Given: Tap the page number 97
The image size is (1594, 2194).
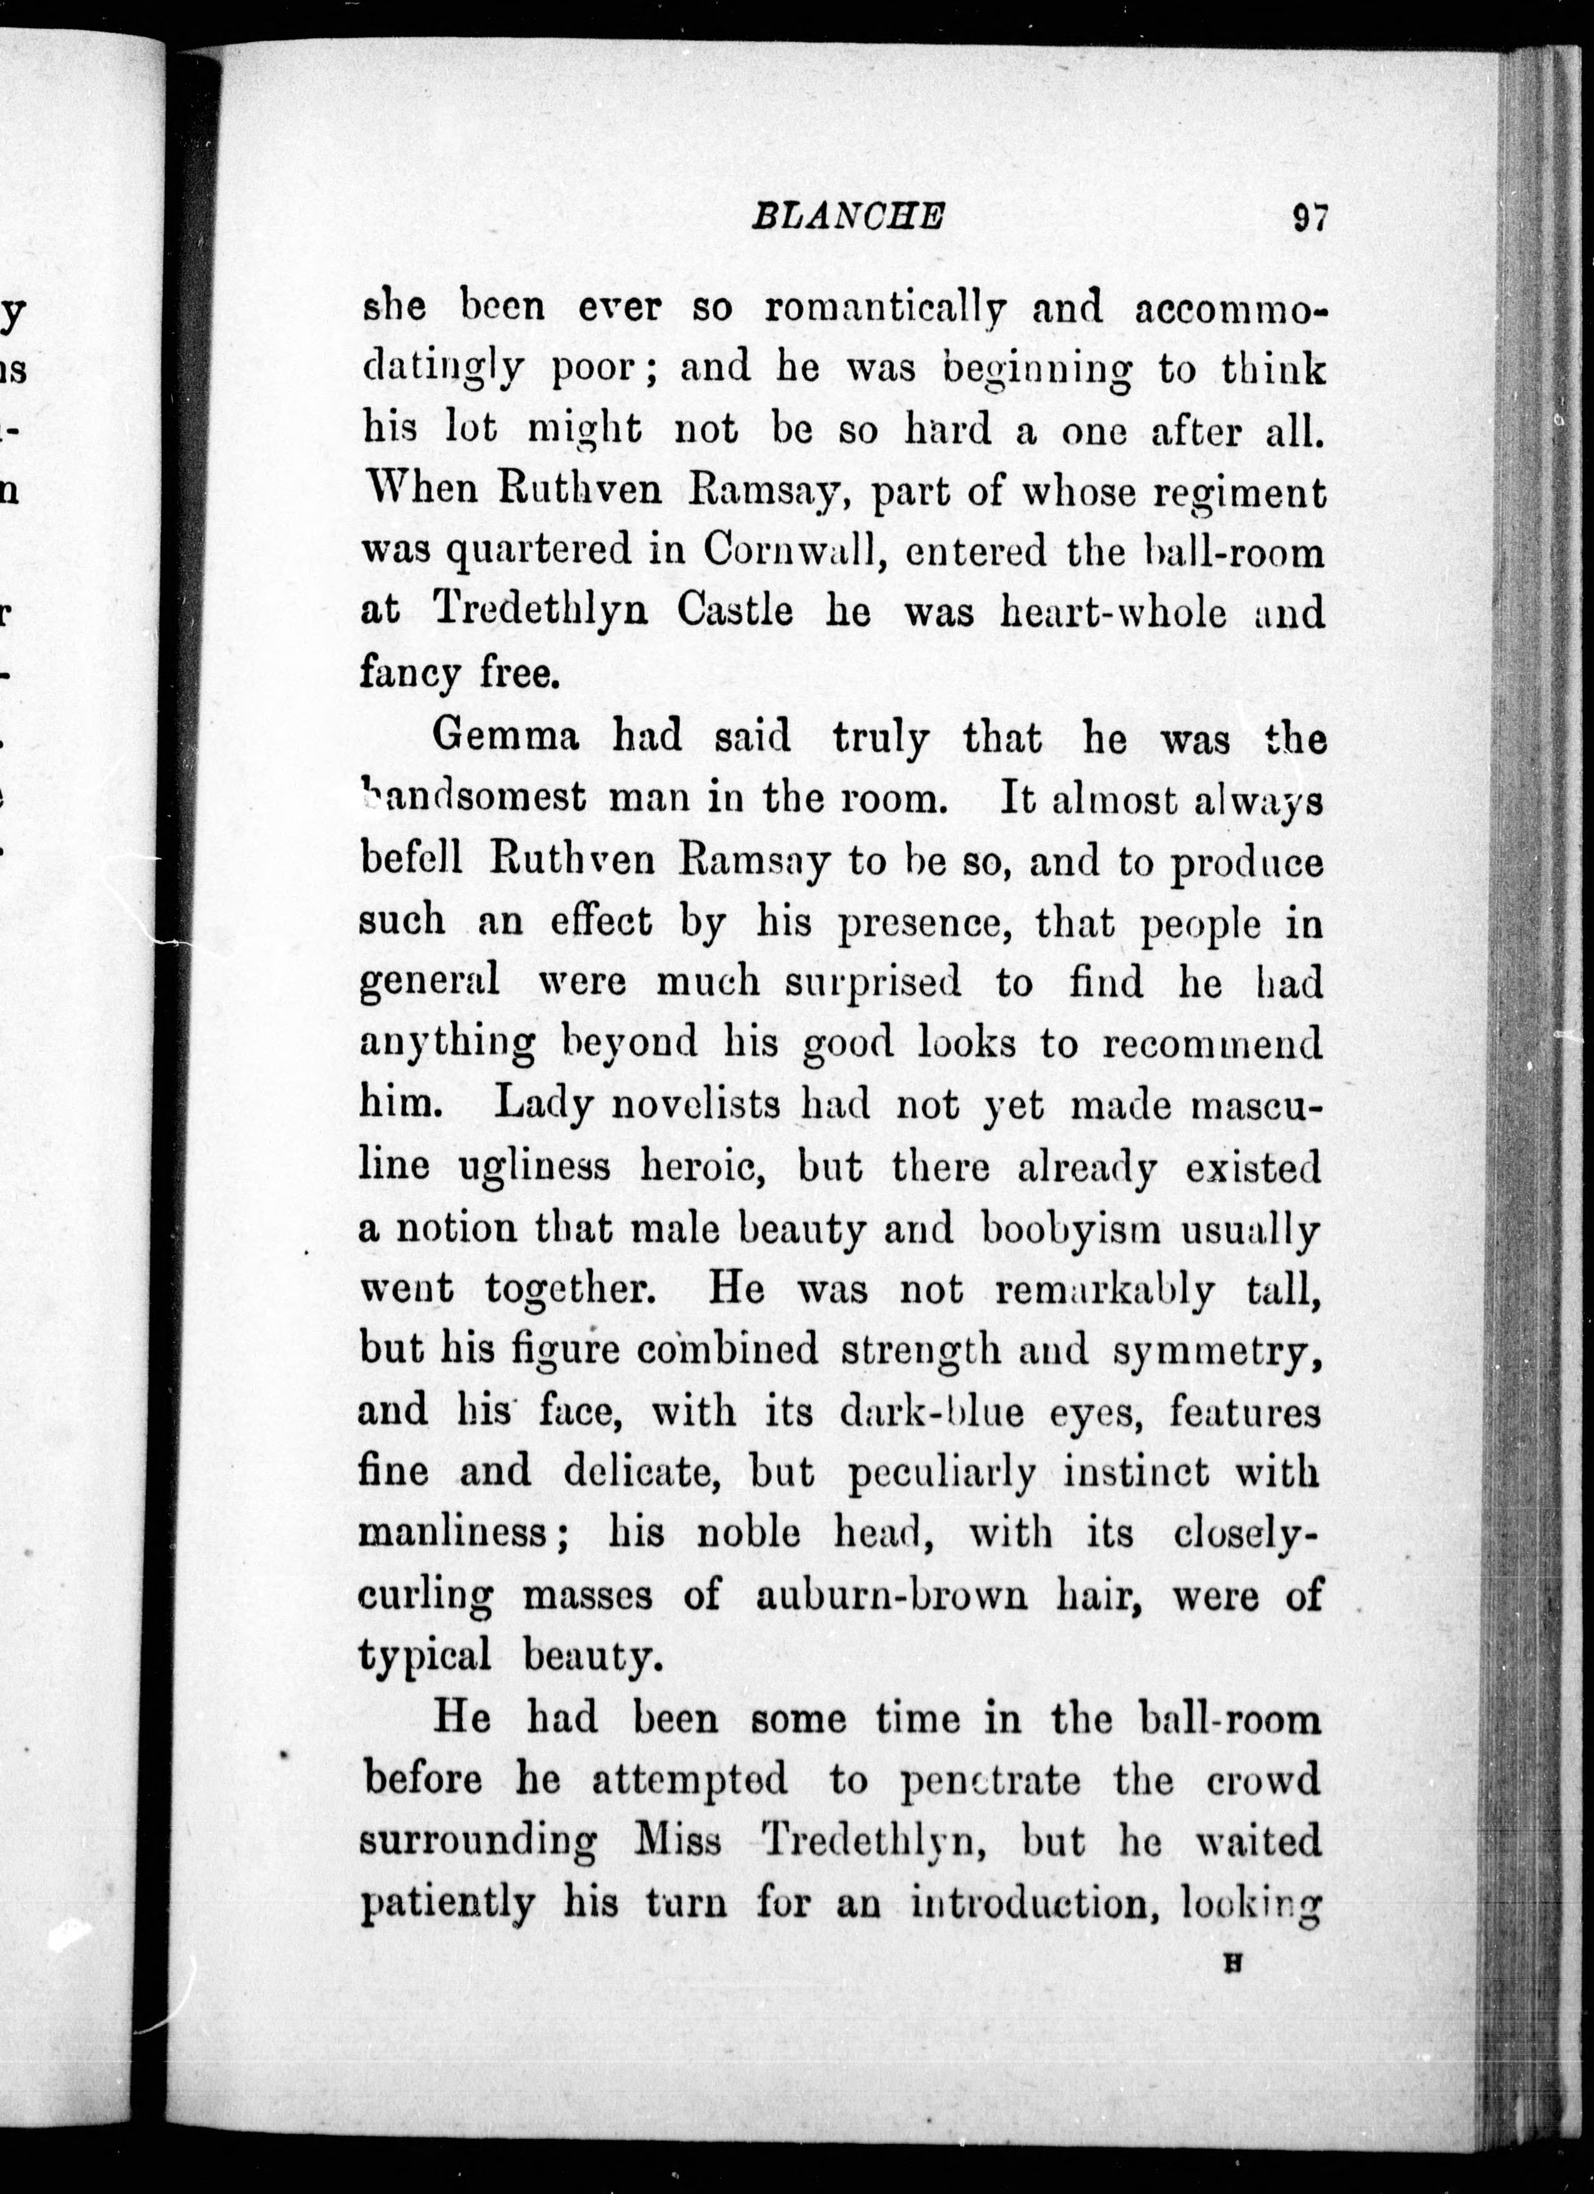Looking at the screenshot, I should click(x=1310, y=217).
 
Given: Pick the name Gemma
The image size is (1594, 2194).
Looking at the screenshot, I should click(x=506, y=738).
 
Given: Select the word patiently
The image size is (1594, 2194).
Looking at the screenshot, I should click(x=447, y=1904).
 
